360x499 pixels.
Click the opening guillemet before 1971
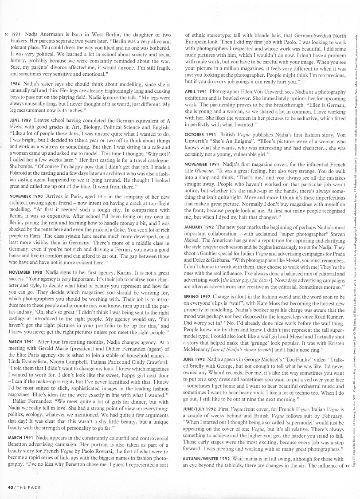pos(6,35)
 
